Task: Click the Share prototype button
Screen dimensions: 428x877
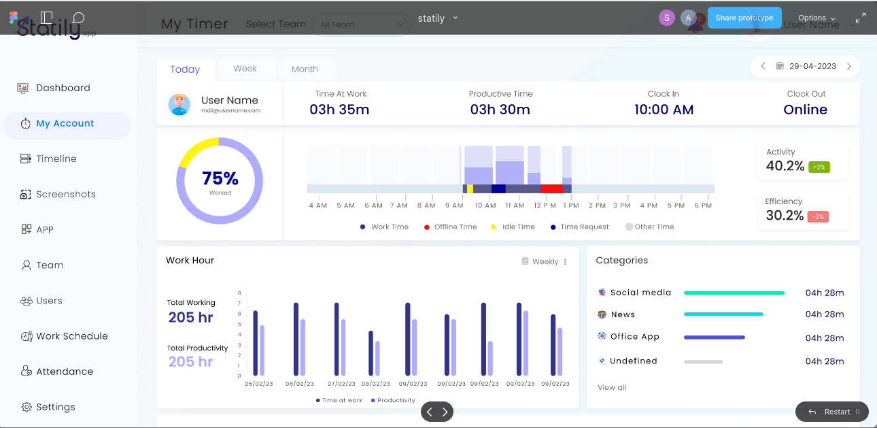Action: [x=744, y=18]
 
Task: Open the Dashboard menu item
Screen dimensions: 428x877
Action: [x=63, y=88]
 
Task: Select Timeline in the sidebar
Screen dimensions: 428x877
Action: [x=56, y=159]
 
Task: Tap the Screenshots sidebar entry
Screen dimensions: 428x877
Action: [x=65, y=194]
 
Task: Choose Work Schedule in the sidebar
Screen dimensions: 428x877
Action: [x=71, y=336]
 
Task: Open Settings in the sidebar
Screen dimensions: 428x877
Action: [x=55, y=407]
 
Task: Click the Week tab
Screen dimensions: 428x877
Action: [x=245, y=69]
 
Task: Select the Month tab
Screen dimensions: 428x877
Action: [x=305, y=69]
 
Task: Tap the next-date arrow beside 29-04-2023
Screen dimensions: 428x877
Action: [x=849, y=67]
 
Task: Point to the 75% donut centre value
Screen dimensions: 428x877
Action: [x=220, y=178]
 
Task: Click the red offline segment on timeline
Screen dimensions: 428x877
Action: [x=551, y=188]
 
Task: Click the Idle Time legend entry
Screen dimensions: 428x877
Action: [x=518, y=227]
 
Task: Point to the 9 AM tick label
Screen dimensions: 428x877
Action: [x=454, y=205]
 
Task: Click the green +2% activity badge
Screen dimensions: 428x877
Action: [x=819, y=167]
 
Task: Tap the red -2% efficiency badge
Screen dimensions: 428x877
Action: [x=818, y=216]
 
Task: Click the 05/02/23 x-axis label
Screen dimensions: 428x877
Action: [x=258, y=384]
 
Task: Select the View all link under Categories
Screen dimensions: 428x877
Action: [x=612, y=387]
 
